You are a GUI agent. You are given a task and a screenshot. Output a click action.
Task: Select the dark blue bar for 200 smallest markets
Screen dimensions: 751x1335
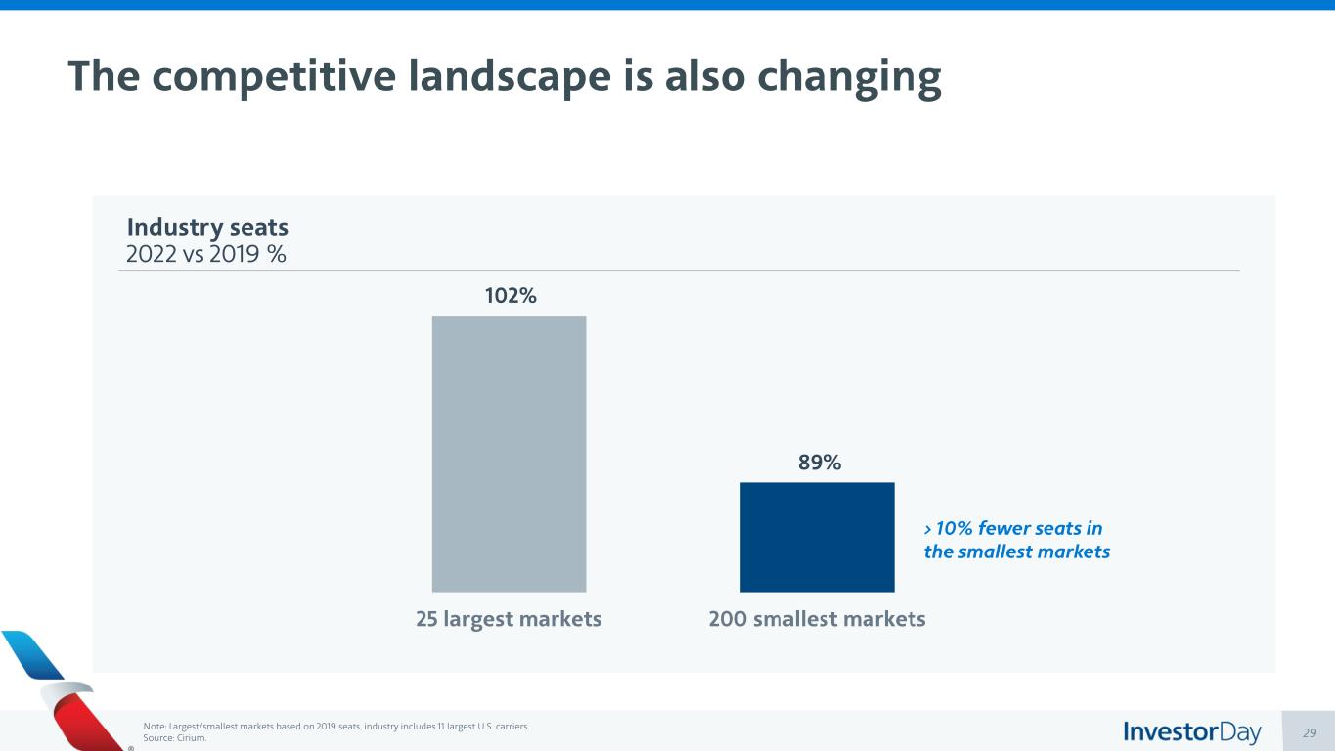pyautogui.click(x=817, y=537)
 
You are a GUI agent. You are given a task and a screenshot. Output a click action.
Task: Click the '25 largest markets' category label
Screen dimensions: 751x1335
pyautogui.click(x=509, y=619)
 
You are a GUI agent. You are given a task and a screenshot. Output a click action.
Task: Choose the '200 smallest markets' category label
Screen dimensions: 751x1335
pyautogui.click(x=817, y=619)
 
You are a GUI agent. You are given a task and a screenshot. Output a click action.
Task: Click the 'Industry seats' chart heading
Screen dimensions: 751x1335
pyautogui.click(x=207, y=227)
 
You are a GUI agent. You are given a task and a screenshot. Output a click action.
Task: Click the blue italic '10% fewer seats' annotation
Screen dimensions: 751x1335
pyautogui.click(x=1013, y=529)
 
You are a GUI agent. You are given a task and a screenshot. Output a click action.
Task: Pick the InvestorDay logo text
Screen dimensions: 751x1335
pyautogui.click(x=1192, y=731)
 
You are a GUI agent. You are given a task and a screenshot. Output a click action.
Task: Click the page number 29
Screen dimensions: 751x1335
pyautogui.click(x=1312, y=732)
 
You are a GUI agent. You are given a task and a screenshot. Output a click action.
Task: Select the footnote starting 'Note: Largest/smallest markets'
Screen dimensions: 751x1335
pyautogui.click(x=336, y=727)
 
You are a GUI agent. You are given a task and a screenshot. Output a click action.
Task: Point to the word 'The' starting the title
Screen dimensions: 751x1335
pyautogui.click(x=103, y=76)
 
